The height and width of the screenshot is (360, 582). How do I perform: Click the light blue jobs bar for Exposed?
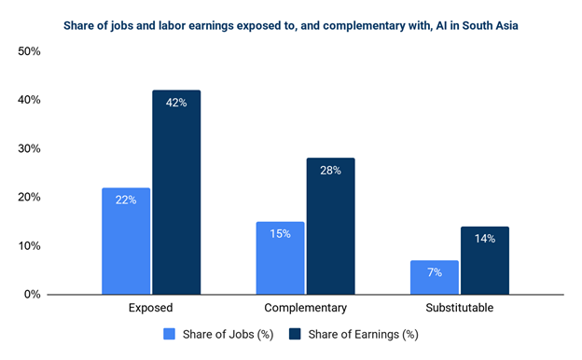point(126,242)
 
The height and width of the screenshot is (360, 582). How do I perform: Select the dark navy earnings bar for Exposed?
point(176,192)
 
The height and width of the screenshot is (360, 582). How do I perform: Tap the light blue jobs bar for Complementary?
point(280,258)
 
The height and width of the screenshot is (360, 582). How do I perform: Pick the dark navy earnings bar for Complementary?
point(331,227)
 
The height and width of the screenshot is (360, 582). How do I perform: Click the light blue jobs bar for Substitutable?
point(435,278)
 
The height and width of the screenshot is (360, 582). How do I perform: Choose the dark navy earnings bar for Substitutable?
point(485,260)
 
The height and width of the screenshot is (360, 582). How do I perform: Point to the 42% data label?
point(176,103)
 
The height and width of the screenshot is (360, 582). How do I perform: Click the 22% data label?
point(126,200)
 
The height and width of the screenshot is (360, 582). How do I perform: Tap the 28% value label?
point(331,171)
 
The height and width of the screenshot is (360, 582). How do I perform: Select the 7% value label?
point(435,272)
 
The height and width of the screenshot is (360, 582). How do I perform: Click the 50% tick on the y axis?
point(29,51)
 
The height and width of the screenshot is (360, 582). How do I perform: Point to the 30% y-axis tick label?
point(29,148)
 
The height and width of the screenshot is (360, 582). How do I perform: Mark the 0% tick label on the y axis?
point(33,295)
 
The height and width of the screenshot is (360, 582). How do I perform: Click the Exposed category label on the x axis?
point(151,308)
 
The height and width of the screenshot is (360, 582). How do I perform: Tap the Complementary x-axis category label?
point(306,308)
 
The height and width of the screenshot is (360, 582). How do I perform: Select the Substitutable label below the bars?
point(460,308)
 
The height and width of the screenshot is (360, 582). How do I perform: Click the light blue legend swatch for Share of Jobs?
point(169,334)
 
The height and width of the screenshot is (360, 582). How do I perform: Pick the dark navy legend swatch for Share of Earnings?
point(295,334)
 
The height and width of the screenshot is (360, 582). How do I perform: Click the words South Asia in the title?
point(490,25)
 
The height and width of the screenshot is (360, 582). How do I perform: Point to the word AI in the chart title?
point(441,25)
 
